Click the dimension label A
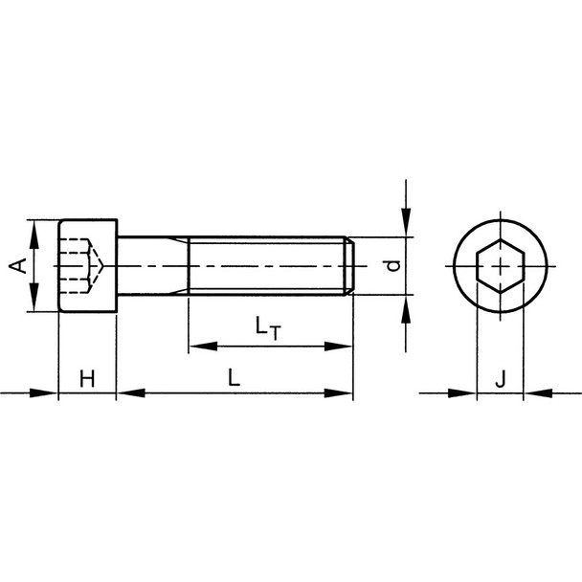[x=17, y=265]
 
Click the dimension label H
[x=87, y=379]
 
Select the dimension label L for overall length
[x=234, y=379]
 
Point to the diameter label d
[x=391, y=265]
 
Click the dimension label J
[x=500, y=379]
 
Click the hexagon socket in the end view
[x=500, y=265]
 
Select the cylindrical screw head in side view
[x=87, y=265]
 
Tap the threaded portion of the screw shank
[x=268, y=265]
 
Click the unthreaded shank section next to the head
[x=151, y=265]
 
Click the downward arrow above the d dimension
[x=407, y=227]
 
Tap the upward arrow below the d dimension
[x=407, y=304]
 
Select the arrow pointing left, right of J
[x=536, y=392]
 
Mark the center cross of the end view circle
[x=500, y=265]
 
